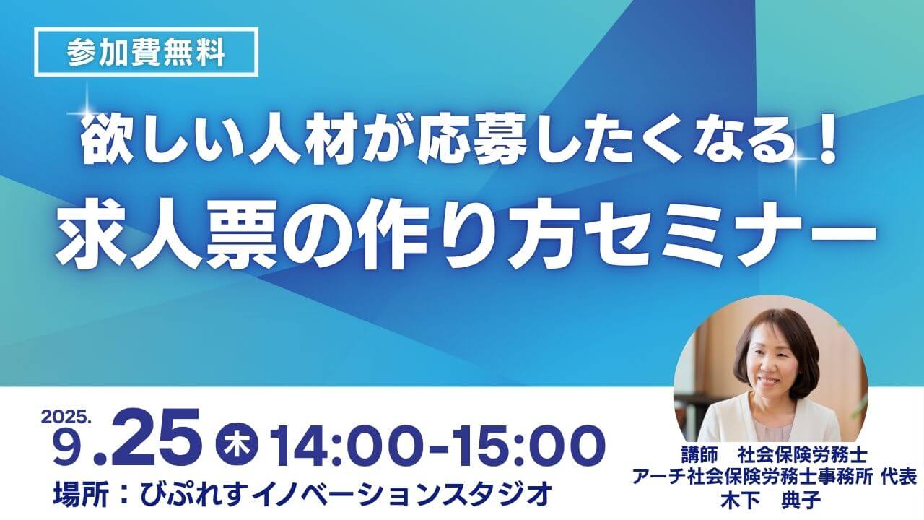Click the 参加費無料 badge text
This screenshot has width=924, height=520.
pos(147,53)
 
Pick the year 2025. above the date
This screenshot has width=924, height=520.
pos(66,417)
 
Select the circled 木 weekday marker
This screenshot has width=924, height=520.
pos(237,446)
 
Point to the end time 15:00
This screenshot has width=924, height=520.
pos(525,446)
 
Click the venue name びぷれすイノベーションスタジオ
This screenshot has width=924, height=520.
pos(346,493)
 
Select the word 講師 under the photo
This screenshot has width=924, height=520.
pos(700,456)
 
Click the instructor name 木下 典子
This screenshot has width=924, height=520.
pos(771,500)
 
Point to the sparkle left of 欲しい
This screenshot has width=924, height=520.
pos(87,112)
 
